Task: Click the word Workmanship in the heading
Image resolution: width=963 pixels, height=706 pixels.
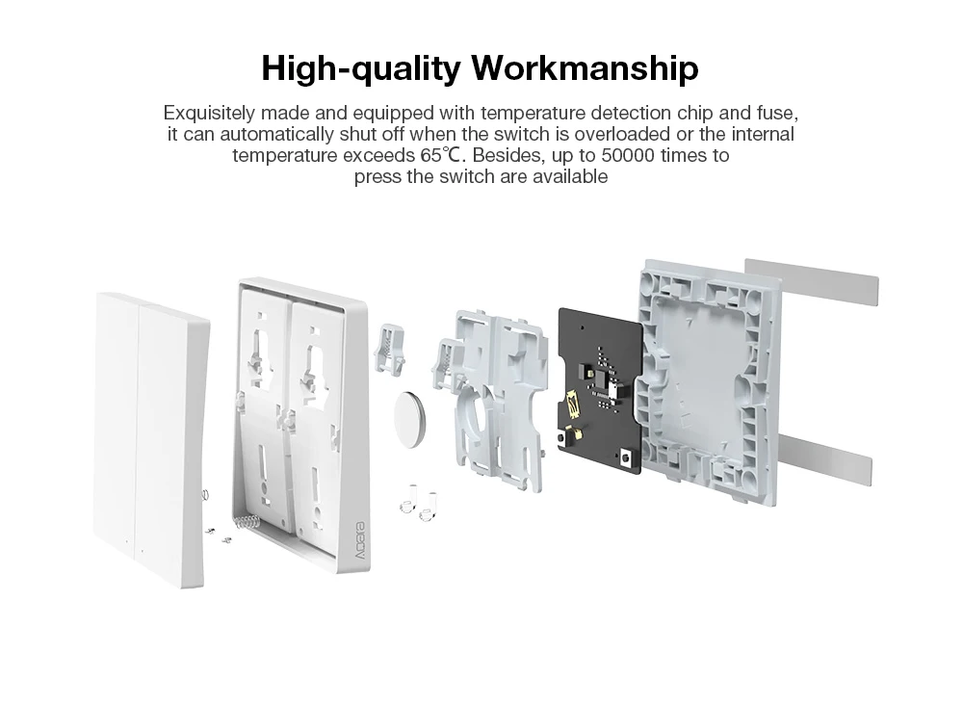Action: coord(585,69)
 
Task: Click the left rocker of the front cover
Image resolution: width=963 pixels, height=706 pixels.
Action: coord(117,424)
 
